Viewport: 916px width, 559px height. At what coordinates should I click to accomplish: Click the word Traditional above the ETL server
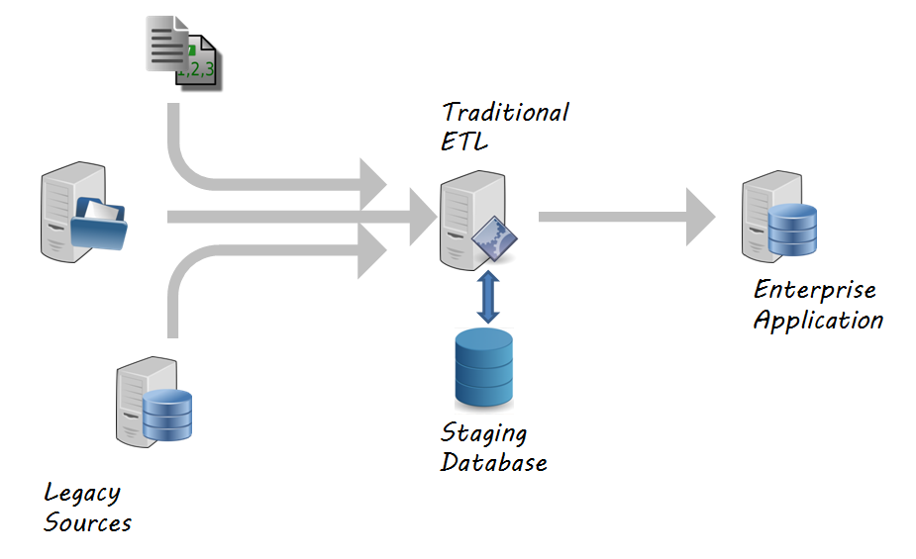point(505,112)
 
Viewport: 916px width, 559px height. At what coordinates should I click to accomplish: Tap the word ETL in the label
point(464,140)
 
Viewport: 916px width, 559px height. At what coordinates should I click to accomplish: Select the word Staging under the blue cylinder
point(483,433)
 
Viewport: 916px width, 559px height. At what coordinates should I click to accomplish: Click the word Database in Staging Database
point(493,462)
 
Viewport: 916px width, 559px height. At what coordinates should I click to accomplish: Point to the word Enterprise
point(814,290)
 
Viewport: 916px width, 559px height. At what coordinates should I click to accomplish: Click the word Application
point(818,320)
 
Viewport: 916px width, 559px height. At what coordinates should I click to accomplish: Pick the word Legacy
point(82,493)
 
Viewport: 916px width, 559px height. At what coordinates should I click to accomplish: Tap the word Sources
point(87,522)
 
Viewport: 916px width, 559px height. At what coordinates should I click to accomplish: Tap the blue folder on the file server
point(100,225)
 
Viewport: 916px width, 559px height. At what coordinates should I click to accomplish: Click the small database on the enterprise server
point(792,229)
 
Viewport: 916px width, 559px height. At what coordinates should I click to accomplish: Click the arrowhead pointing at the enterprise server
point(700,216)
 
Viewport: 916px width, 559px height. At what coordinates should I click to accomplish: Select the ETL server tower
point(465,217)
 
